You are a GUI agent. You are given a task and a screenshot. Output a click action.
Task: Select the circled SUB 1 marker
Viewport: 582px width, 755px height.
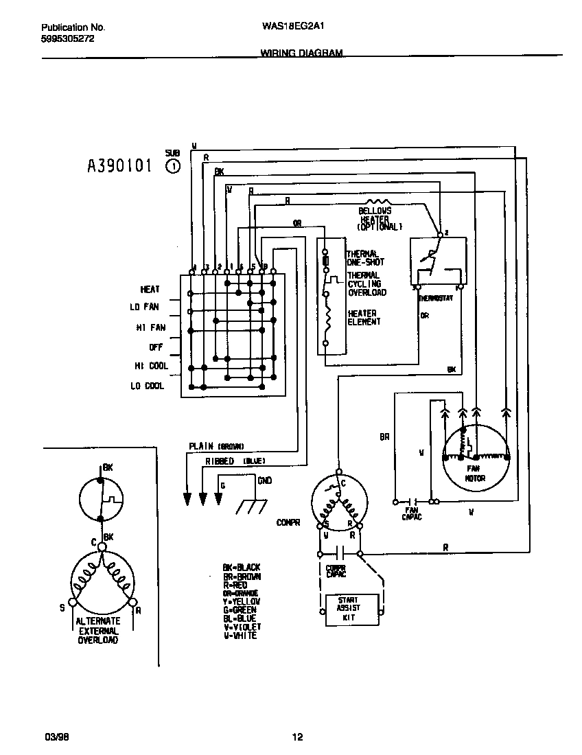click(173, 165)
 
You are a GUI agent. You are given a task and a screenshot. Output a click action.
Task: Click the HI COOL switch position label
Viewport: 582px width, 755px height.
click(151, 366)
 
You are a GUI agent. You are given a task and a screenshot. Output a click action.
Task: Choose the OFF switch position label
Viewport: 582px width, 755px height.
click(156, 347)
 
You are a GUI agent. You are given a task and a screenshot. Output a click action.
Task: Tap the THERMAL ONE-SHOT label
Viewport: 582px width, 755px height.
click(365, 258)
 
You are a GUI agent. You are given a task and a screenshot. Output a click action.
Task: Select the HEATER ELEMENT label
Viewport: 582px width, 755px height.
click(362, 318)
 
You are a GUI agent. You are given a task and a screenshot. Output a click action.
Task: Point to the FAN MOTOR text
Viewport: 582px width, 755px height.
click(475, 474)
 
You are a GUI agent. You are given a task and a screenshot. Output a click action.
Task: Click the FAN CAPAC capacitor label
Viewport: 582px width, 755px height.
click(412, 513)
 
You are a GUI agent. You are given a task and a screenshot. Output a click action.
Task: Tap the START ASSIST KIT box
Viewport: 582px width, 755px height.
click(353, 608)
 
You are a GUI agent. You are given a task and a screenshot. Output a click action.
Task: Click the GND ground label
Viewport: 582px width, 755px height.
click(264, 480)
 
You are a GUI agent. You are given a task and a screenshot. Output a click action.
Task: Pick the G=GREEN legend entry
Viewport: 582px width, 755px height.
click(239, 610)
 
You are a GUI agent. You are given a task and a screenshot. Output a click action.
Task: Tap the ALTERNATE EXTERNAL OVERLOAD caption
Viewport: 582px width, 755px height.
click(97, 631)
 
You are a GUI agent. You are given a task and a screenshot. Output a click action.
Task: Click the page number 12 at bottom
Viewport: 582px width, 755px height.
click(296, 737)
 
